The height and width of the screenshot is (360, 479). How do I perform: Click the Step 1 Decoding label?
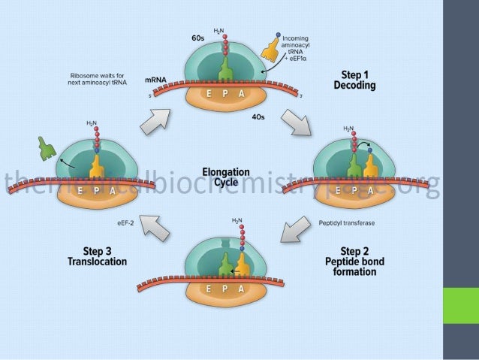354,80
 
